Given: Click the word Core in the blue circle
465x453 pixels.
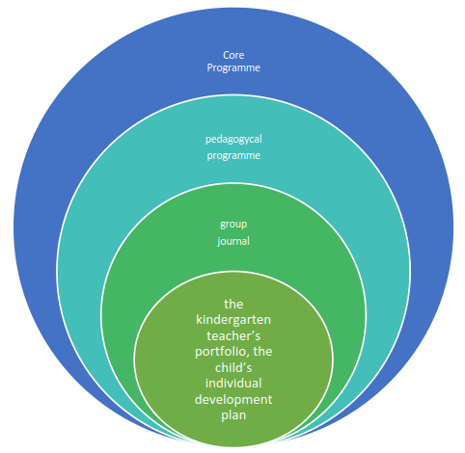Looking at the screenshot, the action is [233, 55].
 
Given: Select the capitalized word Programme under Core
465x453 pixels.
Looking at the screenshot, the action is [233, 68].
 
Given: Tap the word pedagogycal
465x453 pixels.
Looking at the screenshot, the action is [233, 140].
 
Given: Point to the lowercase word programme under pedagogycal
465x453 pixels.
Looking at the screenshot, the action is [233, 156].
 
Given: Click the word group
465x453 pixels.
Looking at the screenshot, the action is [233, 225].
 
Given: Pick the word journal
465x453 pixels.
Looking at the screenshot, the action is [233, 241].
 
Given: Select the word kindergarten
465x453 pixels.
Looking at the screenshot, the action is [233, 320].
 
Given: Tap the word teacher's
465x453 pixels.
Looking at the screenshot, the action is [233, 335].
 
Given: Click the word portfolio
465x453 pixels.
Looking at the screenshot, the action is [220, 352].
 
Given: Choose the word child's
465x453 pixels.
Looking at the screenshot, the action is [233, 367].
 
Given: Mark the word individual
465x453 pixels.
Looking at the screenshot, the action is [233, 384].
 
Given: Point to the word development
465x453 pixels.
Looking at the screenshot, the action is [233, 400].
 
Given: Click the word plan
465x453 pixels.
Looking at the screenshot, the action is [233, 415].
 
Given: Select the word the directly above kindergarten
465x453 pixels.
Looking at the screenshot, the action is [233, 304].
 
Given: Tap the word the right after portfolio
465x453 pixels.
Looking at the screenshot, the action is [262, 352].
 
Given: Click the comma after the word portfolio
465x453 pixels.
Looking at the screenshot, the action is [247, 356].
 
